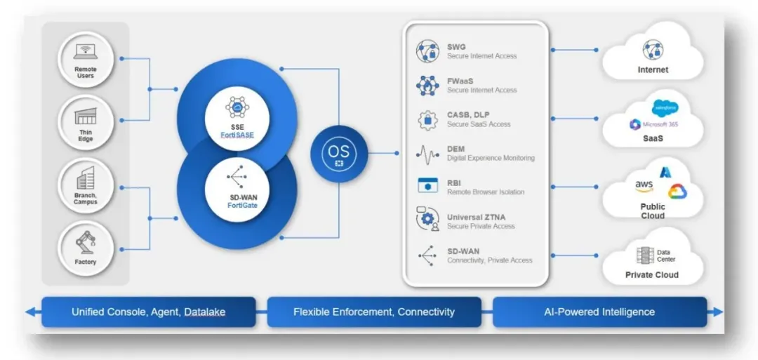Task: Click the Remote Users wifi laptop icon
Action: (86, 52)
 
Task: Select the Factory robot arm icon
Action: (86, 242)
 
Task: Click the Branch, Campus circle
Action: (86, 185)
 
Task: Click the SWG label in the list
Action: (456, 47)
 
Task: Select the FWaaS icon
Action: (427, 85)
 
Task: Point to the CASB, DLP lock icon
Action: (427, 119)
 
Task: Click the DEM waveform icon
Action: (427, 153)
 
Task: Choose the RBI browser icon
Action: (427, 186)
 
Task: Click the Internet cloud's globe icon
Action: (653, 50)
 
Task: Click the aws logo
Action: (644, 185)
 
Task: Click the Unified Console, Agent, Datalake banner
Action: (148, 312)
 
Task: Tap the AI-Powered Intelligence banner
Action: (599, 312)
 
